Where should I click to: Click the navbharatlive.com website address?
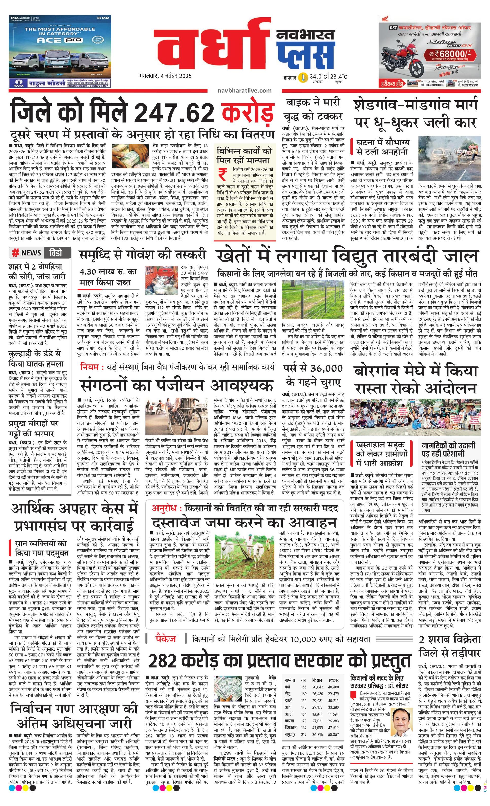(x=244, y=91)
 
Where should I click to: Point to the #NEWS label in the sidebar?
(x=27, y=252)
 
